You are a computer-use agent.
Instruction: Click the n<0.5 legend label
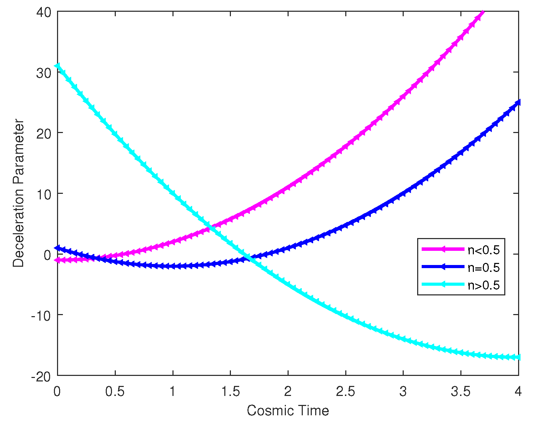click(484, 250)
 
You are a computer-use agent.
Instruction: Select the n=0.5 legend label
click(484, 267)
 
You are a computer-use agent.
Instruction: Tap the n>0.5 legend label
click(484, 285)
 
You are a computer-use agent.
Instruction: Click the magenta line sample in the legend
click(443, 249)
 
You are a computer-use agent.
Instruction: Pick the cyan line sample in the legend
click(443, 284)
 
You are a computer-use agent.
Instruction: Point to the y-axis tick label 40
click(44, 12)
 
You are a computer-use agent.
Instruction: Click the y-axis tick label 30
click(44, 73)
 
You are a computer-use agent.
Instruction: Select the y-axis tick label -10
click(41, 315)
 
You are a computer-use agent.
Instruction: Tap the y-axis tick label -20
click(41, 376)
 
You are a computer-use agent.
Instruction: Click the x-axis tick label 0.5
click(115, 391)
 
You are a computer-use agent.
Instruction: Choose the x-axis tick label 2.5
click(345, 391)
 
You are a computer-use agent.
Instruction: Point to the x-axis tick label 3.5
click(461, 391)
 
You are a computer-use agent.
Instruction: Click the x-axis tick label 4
click(518, 391)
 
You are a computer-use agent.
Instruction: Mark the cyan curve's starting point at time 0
click(58, 66)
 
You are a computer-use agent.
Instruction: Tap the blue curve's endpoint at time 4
click(518, 102)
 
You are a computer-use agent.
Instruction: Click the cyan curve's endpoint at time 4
click(518, 357)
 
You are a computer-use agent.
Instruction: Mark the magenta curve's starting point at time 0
click(58, 260)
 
